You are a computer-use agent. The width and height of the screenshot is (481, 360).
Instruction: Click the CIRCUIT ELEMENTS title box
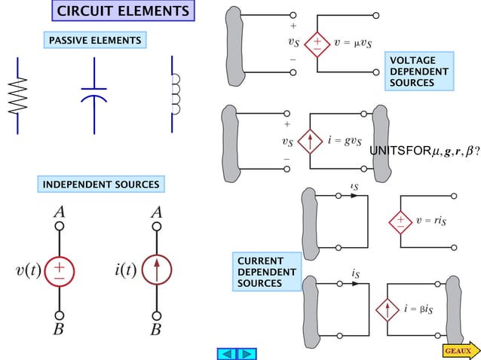(x=123, y=11)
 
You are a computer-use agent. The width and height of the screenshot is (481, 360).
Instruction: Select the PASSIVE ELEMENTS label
(x=93, y=39)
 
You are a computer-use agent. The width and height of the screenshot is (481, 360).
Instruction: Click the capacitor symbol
(x=94, y=94)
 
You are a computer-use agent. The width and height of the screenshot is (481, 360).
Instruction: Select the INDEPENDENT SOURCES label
(x=101, y=185)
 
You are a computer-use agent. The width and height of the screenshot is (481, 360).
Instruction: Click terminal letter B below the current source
(x=156, y=329)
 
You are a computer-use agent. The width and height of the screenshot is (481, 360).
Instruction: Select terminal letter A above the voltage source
(x=59, y=212)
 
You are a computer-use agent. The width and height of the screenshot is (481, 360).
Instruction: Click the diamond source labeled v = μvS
(x=317, y=44)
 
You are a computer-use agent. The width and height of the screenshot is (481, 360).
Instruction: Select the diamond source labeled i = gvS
(x=310, y=142)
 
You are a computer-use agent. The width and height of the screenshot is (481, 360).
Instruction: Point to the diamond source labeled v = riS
(x=400, y=221)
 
